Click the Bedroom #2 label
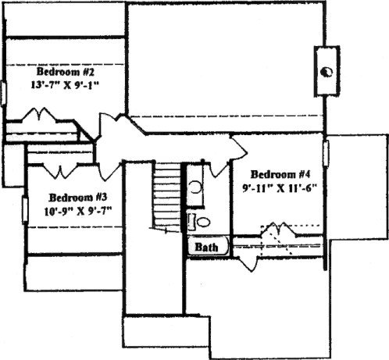[65, 72]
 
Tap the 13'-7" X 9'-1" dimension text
[66, 85]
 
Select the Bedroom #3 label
[78, 198]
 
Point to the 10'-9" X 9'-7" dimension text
[78, 211]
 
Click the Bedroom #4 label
[280, 174]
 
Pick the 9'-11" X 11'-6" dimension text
[280, 188]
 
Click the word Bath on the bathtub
[206, 247]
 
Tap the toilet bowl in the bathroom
[203, 222]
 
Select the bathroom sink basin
[195, 187]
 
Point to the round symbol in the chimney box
[327, 72]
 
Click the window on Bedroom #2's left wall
[3, 94]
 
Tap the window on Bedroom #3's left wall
[25, 209]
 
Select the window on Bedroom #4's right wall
[326, 153]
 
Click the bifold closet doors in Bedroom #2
[39, 115]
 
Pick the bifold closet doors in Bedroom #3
[60, 170]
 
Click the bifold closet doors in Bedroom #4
[279, 229]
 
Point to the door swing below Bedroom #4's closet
[248, 263]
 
